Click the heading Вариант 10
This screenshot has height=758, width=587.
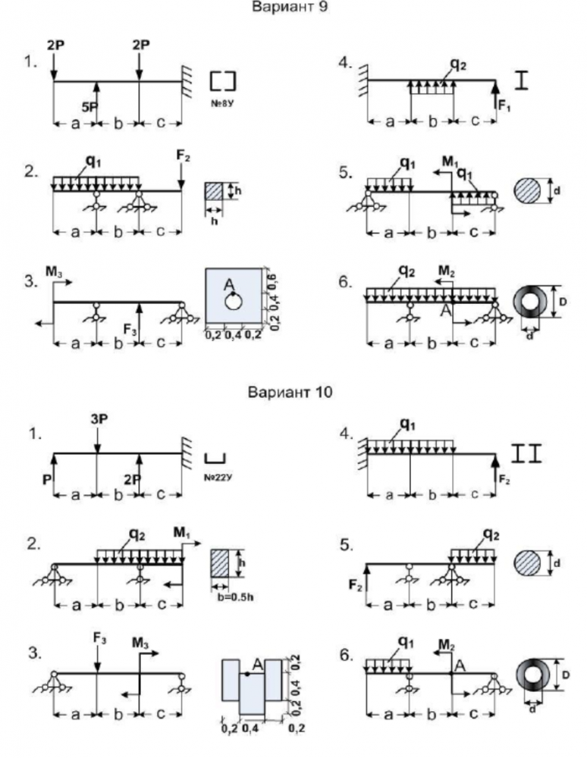293,392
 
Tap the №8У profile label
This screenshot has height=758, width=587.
223,99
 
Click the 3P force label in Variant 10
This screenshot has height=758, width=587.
96,417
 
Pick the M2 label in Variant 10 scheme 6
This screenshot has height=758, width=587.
450,645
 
